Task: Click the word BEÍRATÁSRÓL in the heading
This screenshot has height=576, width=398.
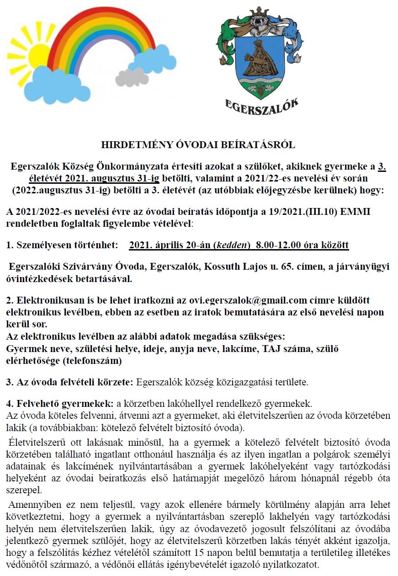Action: tap(263, 145)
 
